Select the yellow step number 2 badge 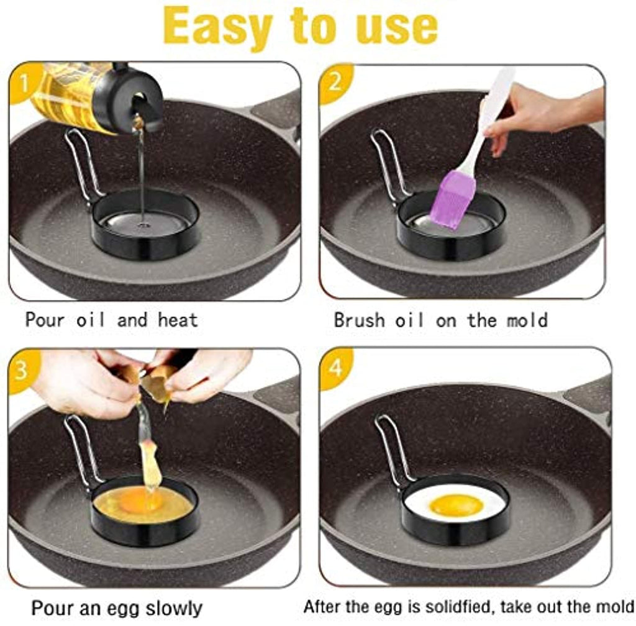(335, 83)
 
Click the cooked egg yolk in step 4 (457, 505)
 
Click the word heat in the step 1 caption (178, 320)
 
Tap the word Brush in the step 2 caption (360, 320)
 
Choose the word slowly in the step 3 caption (174, 609)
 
